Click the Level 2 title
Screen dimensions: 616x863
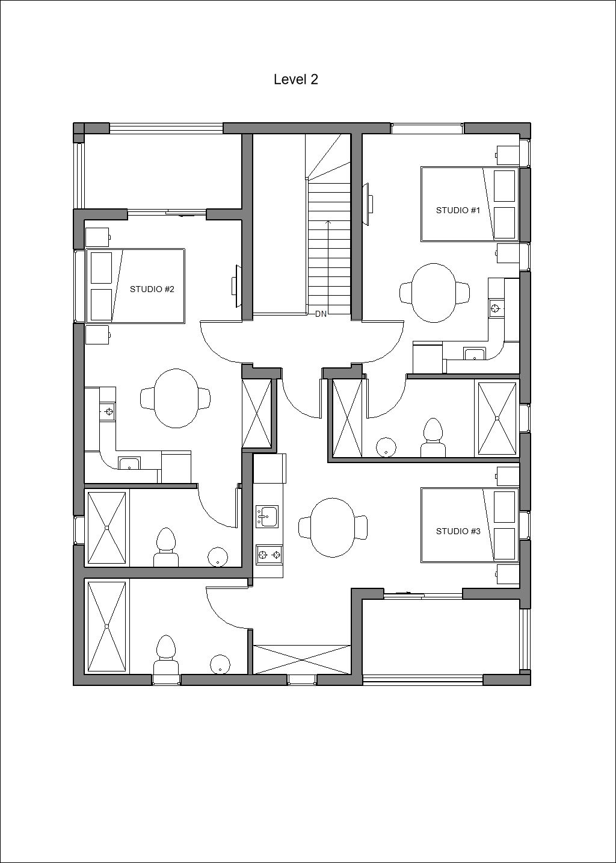[296, 79]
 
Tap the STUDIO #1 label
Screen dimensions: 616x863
[458, 210]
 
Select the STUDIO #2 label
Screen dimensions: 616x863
[152, 289]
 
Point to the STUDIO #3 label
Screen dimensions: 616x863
[458, 531]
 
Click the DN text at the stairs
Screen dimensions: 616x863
[321, 314]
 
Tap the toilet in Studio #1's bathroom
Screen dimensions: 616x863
[433, 438]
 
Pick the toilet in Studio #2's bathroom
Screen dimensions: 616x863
[166, 547]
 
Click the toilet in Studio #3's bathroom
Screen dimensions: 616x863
[166, 655]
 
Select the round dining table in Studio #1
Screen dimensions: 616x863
[434, 293]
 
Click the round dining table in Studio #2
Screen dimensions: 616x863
[176, 398]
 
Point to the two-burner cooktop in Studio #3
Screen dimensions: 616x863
[269, 555]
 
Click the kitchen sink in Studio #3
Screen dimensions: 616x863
[266, 517]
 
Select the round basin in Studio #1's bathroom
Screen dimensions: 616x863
[386, 447]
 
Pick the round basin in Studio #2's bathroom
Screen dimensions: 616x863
[218, 557]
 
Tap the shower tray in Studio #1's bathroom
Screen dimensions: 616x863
[497, 419]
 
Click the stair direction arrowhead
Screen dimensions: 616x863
[328, 222]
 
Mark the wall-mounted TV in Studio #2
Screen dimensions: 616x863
[236, 286]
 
